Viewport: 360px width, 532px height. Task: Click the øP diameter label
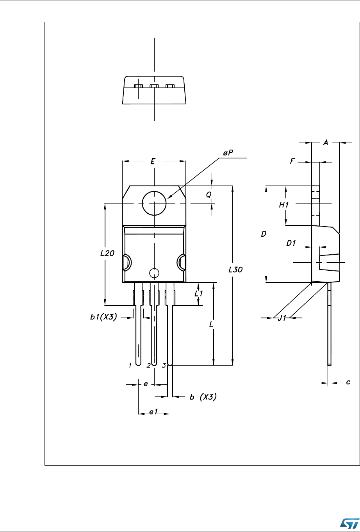coord(228,153)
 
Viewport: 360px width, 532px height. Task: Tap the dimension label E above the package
coord(153,161)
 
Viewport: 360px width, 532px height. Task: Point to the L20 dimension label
coord(107,253)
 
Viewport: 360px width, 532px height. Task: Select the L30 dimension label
coord(235,270)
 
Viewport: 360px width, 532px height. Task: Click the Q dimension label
coord(209,195)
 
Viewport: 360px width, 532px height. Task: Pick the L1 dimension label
coord(199,294)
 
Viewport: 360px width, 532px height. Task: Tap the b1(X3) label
coord(103,317)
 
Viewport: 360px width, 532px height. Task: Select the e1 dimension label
coord(153,412)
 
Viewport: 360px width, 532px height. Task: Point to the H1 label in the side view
coord(284,205)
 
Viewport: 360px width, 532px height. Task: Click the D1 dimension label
coord(291,243)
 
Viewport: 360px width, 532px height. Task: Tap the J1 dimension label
coord(282,318)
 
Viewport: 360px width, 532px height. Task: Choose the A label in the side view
coord(326,143)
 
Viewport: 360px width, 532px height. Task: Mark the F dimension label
coord(292,161)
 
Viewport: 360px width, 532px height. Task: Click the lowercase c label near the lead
coord(348,382)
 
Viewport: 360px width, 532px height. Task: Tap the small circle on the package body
coord(154,273)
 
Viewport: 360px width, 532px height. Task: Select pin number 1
coord(130,366)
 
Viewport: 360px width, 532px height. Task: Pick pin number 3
coord(164,366)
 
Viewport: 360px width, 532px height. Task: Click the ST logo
coord(350,523)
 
